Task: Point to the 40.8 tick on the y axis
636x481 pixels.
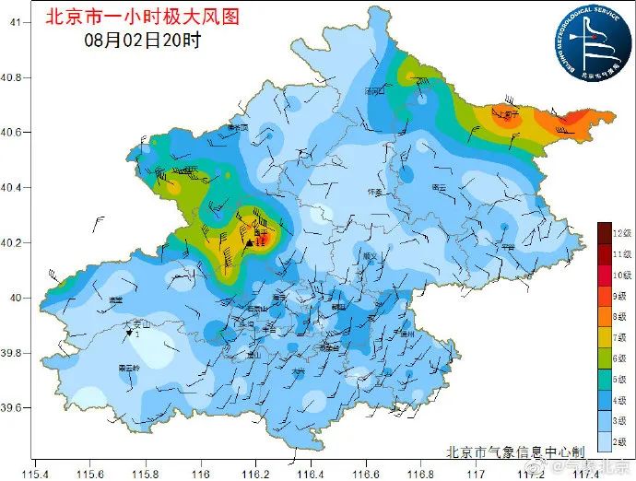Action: pos(17,77)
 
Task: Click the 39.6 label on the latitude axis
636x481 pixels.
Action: pos(17,407)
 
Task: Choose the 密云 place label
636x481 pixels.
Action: pos(439,187)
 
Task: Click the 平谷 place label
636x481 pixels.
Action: pos(508,246)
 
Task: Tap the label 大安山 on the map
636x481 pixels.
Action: pos(137,324)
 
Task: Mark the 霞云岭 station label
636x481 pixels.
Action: pos(128,368)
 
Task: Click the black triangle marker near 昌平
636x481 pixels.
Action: pos(249,243)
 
